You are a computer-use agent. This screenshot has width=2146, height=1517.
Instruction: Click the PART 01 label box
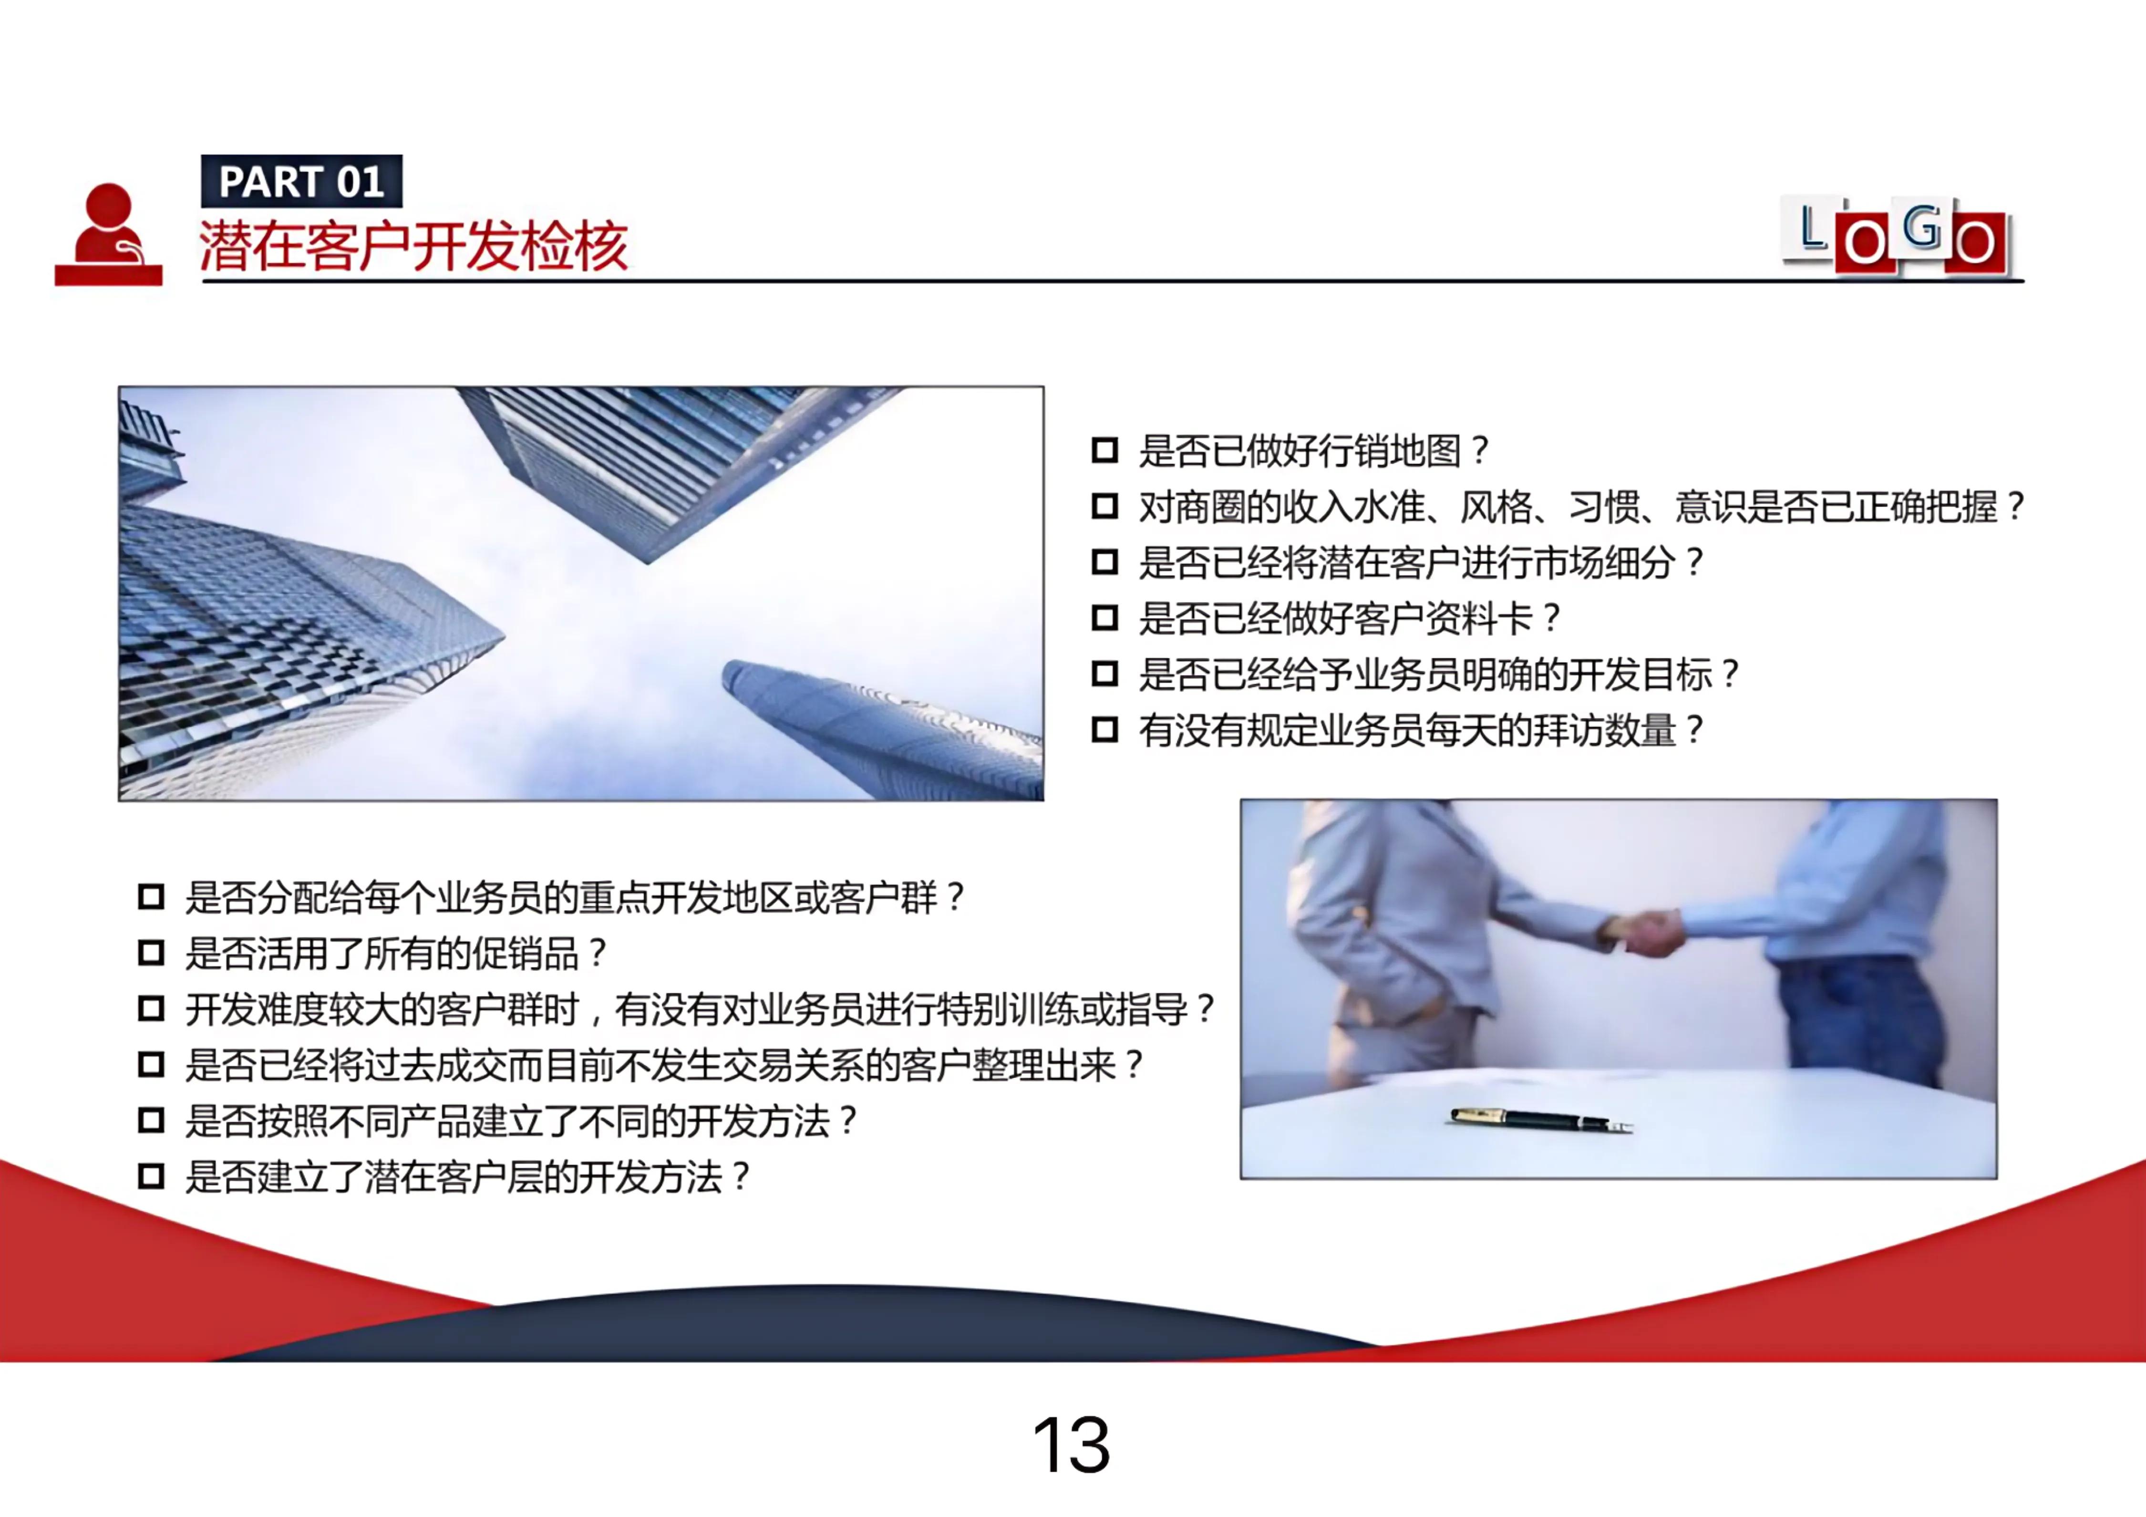pos(301,181)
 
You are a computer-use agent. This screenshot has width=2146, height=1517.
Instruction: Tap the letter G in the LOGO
pos(1921,227)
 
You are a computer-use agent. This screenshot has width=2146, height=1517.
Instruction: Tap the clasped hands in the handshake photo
pos(1650,932)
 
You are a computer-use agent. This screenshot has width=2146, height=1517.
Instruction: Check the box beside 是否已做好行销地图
pos(1105,450)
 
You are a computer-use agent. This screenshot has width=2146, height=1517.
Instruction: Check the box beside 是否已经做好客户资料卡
pos(1105,618)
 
